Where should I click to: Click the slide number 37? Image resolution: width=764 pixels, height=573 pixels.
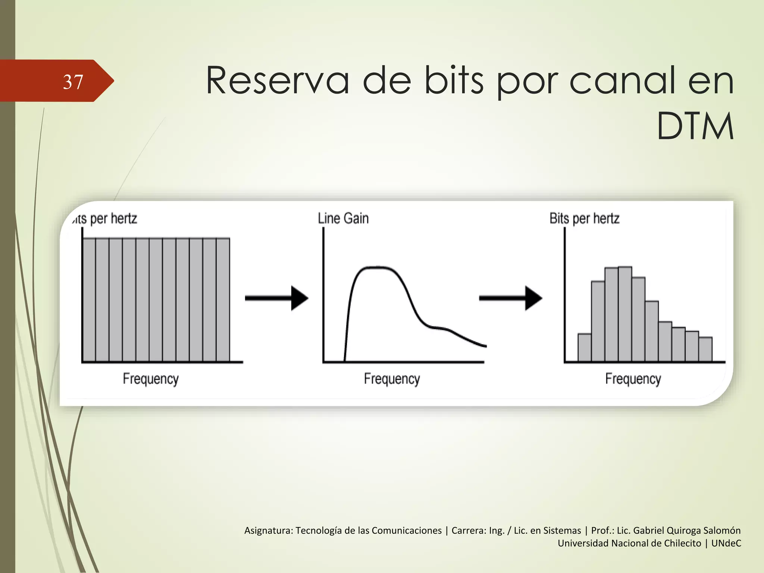pos(73,82)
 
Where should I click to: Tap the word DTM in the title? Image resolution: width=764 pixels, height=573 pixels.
pos(695,127)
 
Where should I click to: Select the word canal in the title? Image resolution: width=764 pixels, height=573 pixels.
pos(622,81)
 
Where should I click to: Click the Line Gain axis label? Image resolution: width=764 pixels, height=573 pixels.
pos(343,218)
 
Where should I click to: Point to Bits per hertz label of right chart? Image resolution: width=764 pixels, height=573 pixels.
pos(584,218)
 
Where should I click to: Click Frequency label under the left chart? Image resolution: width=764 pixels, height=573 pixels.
pos(151,379)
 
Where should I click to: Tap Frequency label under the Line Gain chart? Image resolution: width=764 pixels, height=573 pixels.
pos(392,379)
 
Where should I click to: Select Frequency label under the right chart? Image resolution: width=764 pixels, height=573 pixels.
pos(633,379)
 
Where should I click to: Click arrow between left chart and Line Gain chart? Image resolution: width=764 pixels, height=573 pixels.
pos(276,298)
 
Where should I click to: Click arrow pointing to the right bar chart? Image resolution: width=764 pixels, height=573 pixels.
pos(510,298)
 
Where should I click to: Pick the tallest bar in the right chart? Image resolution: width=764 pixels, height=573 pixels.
pos(625,313)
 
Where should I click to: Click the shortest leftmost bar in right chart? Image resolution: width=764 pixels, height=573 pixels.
pos(584,348)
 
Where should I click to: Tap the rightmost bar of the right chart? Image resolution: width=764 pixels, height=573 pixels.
pos(705,350)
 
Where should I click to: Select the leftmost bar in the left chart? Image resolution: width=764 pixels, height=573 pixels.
pos(89,300)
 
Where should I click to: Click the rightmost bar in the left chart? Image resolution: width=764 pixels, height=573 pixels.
pos(223,300)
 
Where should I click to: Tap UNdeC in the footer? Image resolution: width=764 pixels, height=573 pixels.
pos(726,543)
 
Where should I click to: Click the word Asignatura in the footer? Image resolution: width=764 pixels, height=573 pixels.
pos(268,530)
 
